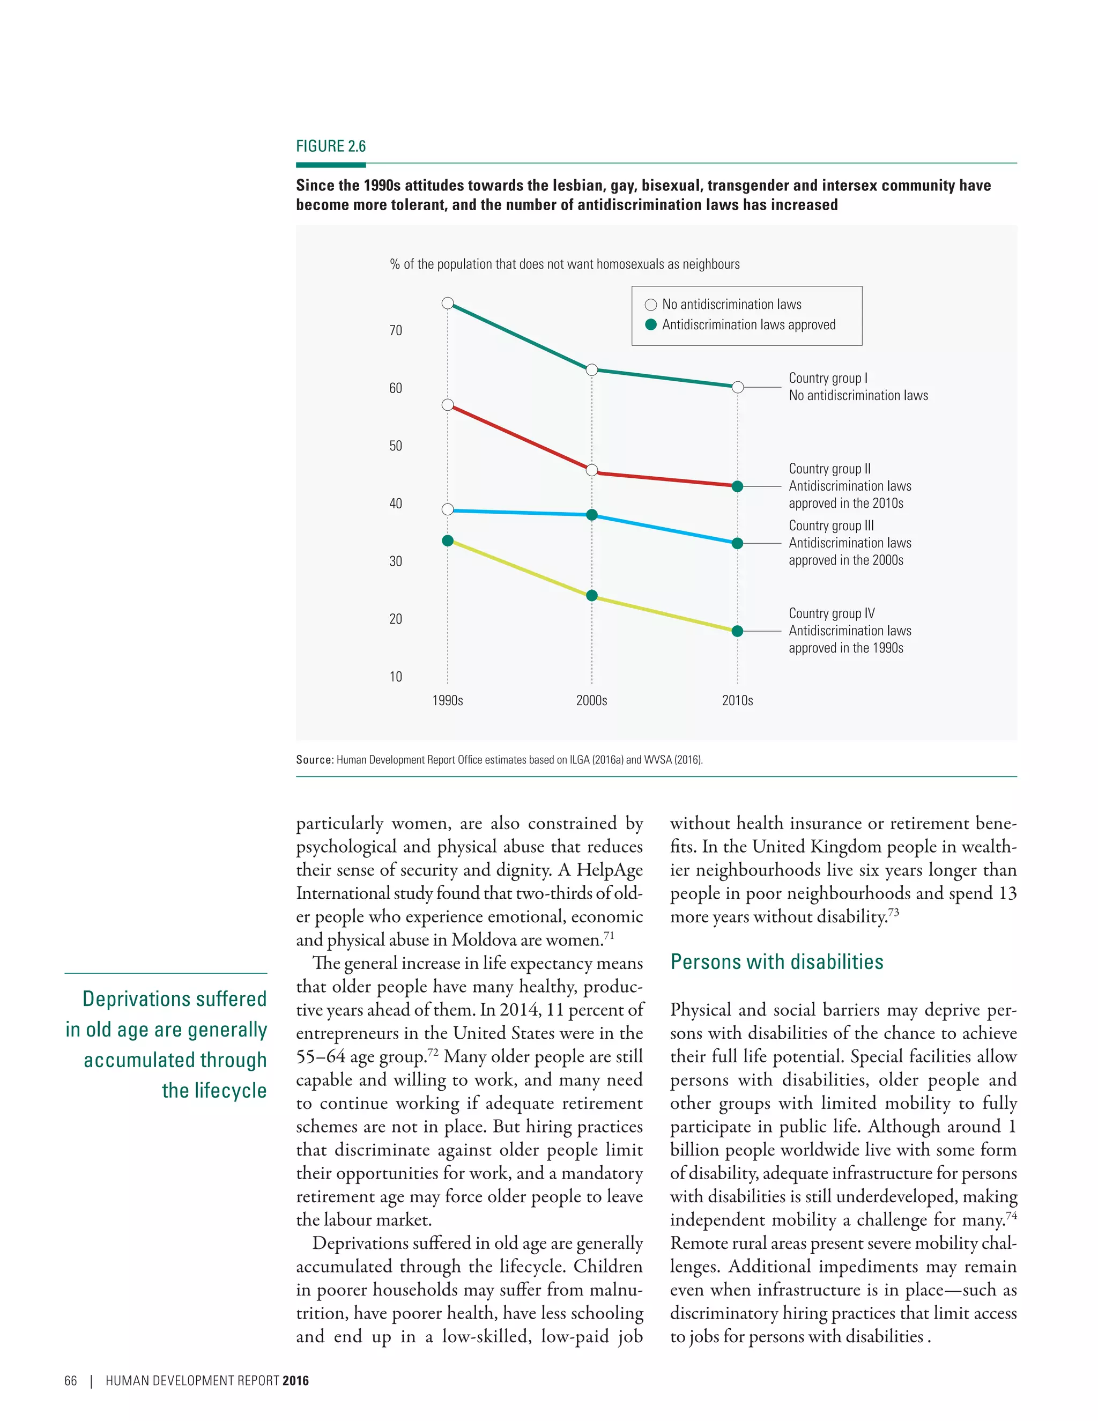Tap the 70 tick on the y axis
coord(396,330)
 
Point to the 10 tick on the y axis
coord(396,677)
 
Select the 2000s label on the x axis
coord(591,701)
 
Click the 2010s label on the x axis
coord(737,701)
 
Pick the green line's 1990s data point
coord(448,303)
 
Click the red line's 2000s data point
coord(592,470)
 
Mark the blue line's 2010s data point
coord(737,543)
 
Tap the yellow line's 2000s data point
coord(592,596)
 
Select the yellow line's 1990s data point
coord(448,541)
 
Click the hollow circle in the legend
coord(650,305)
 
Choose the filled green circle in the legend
coord(650,324)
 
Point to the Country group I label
coord(827,378)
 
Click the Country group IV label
coord(832,613)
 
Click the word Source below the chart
coord(314,759)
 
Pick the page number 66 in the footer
coord(70,1381)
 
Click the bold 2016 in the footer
coord(295,1381)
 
